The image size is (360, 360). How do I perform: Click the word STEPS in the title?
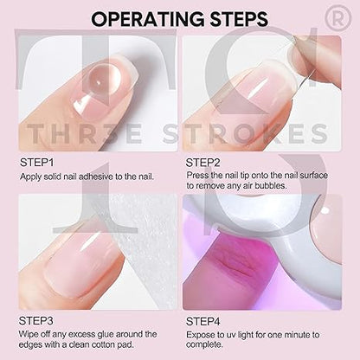pyautogui.click(x=239, y=19)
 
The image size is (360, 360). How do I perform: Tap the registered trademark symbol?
pyautogui.click(x=338, y=17)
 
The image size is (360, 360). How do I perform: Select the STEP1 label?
pyautogui.click(x=36, y=163)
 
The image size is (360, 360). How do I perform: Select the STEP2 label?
pyautogui.click(x=202, y=163)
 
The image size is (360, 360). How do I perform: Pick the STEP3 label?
pyautogui.click(x=36, y=321)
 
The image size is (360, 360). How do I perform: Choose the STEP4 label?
pyautogui.click(x=203, y=321)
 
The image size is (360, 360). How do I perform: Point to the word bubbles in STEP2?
pyautogui.click(x=271, y=185)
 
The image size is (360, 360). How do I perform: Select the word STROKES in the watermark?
pyautogui.click(x=245, y=133)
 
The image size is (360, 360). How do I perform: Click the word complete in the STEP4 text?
pyautogui.click(x=203, y=344)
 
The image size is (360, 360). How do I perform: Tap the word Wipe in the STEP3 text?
pyautogui.click(x=29, y=334)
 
